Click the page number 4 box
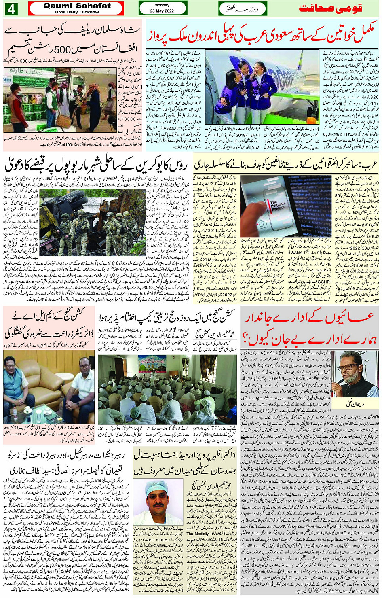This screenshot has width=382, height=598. [11, 8]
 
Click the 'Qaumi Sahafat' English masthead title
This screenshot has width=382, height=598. [77, 6]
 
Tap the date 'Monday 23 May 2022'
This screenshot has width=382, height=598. [162, 8]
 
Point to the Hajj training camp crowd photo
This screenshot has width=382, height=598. [169, 389]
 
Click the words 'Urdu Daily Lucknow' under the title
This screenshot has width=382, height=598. [77, 12]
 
